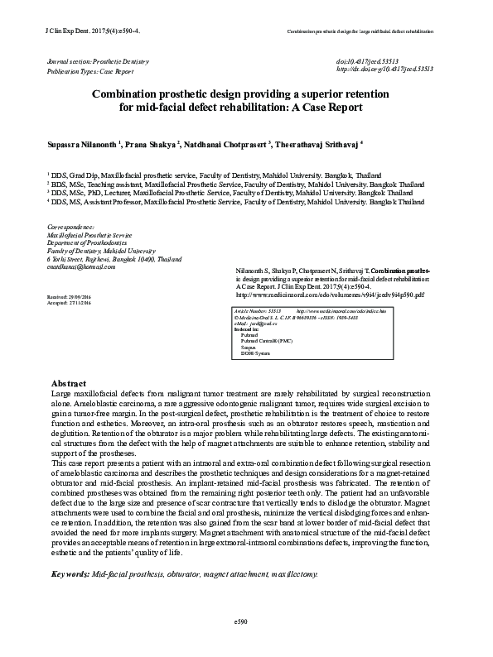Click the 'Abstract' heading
(70, 384)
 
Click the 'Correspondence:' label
(71, 227)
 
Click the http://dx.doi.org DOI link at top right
(384, 71)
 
